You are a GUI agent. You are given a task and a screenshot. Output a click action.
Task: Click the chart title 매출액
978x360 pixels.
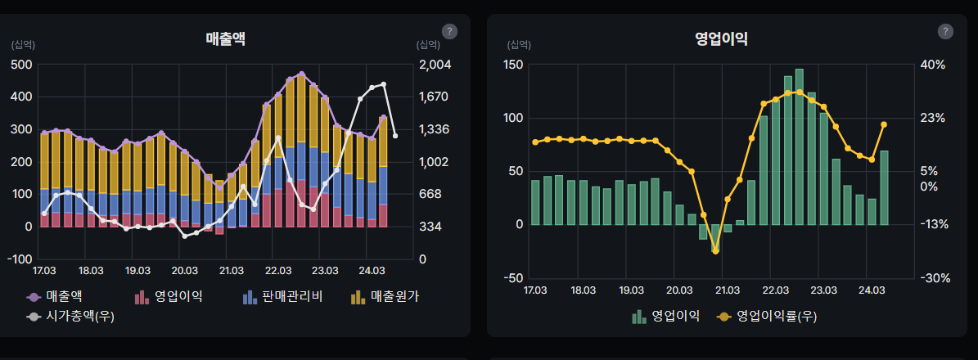tap(226, 38)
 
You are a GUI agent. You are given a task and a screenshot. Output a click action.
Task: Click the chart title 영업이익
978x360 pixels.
tap(720, 38)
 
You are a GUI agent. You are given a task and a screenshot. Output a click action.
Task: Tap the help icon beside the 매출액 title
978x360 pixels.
tap(449, 31)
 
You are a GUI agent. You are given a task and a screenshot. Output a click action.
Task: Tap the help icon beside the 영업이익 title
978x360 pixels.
tap(945, 31)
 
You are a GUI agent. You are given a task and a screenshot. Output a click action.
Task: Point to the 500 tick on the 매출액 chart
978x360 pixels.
tap(22, 65)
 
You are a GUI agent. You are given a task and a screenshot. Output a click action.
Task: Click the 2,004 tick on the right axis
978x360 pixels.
tap(435, 65)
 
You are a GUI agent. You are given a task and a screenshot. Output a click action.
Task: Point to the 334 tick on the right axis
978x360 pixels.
tap(430, 227)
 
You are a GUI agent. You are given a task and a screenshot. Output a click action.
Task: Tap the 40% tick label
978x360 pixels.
tap(934, 65)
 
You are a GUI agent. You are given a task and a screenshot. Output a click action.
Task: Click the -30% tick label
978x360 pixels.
tap(934, 278)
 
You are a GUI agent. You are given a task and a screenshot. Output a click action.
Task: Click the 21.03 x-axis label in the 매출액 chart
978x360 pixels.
tap(232, 271)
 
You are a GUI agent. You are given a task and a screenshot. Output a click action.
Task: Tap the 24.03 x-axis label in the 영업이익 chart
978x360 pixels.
tap(871, 290)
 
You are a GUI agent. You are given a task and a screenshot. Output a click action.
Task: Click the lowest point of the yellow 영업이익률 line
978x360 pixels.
tap(715, 251)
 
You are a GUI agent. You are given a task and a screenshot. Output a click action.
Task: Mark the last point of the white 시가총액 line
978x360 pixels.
tap(395, 136)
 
